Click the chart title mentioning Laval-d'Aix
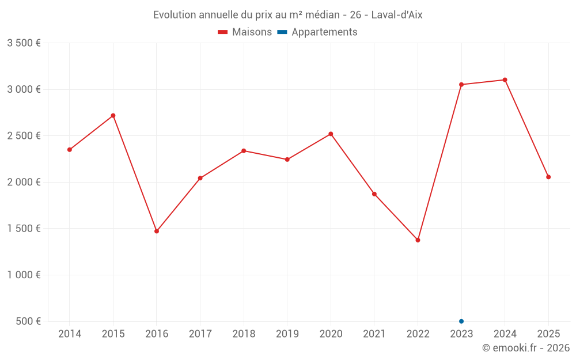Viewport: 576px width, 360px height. tap(287, 15)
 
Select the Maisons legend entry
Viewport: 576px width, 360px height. tap(245, 32)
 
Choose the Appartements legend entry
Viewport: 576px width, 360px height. tap(317, 32)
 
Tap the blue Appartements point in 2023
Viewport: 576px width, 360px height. tap(461, 321)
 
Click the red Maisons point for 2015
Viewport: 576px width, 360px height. tap(113, 116)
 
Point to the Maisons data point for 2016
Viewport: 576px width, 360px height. tap(157, 231)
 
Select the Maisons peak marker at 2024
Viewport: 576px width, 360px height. tap(505, 80)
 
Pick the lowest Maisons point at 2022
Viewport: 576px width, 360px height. tap(418, 240)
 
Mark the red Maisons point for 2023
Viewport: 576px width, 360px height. tap(461, 85)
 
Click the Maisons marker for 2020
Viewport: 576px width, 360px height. tap(331, 134)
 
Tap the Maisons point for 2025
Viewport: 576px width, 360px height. tap(548, 177)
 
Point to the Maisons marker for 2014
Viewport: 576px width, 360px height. tap(70, 150)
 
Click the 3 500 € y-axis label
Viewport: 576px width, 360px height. tap(24, 43)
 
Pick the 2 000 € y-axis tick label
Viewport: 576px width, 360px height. tap(24, 182)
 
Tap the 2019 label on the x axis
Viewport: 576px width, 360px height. tap(287, 334)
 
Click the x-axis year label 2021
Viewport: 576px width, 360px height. tap(374, 334)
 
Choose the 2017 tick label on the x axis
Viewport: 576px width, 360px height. tap(200, 334)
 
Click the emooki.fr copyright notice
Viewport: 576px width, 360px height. tap(525, 348)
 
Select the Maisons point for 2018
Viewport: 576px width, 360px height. tap(244, 151)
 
